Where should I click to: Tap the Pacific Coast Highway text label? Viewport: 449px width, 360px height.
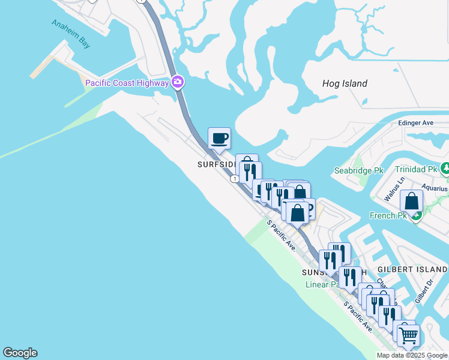click(127, 83)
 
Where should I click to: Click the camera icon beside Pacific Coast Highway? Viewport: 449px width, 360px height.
click(178, 82)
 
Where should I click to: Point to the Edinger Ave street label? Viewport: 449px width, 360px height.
click(415, 122)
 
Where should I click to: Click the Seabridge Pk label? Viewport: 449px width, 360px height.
click(358, 170)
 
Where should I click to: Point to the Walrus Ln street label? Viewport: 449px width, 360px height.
click(391, 188)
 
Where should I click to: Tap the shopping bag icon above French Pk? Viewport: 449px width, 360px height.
click(412, 201)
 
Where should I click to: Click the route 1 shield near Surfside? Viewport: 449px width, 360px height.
click(234, 178)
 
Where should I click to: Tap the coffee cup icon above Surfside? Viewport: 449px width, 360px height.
click(219, 138)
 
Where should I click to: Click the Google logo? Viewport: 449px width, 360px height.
click(20, 353)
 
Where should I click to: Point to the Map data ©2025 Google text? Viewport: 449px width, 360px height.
click(412, 355)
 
